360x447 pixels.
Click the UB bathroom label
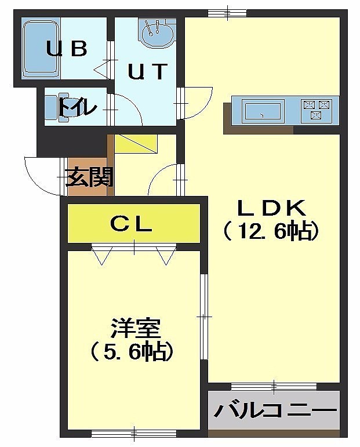[67, 49]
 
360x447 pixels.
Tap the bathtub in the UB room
[41, 49]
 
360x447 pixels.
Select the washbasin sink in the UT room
[157, 33]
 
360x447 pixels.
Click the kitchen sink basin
[263, 111]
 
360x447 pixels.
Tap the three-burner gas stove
[317, 110]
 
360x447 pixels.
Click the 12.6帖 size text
[271, 231]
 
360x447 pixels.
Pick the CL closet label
[131, 224]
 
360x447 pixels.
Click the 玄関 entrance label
[89, 177]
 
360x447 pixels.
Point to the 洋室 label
[136, 328]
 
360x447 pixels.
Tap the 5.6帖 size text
[132, 352]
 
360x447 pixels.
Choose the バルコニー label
[275, 411]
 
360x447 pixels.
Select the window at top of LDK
[227, 13]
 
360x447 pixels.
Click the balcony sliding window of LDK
[274, 387]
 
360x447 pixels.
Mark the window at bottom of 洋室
[134, 434]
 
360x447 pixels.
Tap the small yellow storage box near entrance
[136, 144]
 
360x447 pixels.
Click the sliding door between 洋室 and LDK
[204, 317]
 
